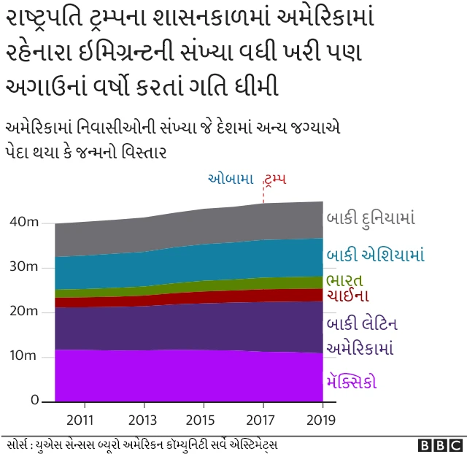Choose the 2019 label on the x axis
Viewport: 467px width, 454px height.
pyautogui.click(x=321, y=420)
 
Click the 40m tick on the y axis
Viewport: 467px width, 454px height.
pyautogui.click(x=24, y=222)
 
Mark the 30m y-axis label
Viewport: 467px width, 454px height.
pyautogui.click(x=24, y=266)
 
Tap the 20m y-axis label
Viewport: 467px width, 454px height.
pyautogui.click(x=24, y=312)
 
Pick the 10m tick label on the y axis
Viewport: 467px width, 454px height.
pyautogui.click(x=24, y=356)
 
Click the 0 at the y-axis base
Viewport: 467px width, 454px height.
pyautogui.click(x=34, y=401)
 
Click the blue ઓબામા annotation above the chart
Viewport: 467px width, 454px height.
pyautogui.click(x=231, y=178)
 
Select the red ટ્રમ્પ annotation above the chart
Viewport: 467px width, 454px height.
pyautogui.click(x=276, y=178)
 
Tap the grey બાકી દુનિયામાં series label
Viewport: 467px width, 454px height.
pyautogui.click(x=371, y=218)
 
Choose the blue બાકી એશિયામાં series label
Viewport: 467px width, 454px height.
pyautogui.click(x=375, y=255)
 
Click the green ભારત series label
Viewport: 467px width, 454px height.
pyautogui.click(x=344, y=280)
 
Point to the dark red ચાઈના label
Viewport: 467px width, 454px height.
pyautogui.click(x=348, y=296)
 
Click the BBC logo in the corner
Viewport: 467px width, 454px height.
pyautogui.click(x=440, y=445)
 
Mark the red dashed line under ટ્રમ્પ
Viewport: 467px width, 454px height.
pyautogui.click(x=263, y=195)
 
